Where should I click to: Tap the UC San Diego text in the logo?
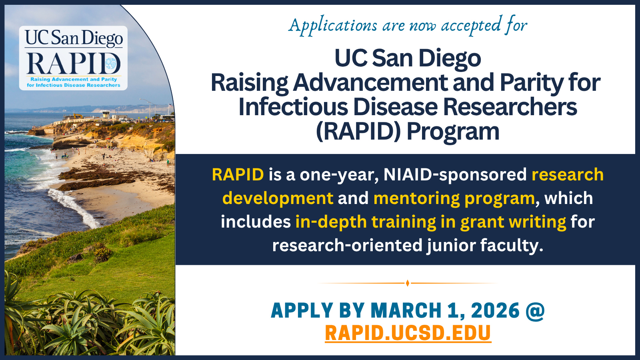tap(74, 38)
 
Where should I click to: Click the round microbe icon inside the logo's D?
tap(111, 64)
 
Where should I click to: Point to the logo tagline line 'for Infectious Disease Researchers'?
tap(74, 85)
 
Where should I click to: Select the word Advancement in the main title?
tap(371, 82)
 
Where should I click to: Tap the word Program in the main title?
tap(453, 132)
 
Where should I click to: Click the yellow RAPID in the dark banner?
tap(238, 174)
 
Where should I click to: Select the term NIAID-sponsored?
tap(455, 175)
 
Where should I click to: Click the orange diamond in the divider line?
tap(408, 283)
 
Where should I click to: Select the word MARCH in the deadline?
tap(406, 310)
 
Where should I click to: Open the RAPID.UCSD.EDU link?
tap(408, 333)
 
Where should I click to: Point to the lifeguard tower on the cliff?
tap(106, 114)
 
